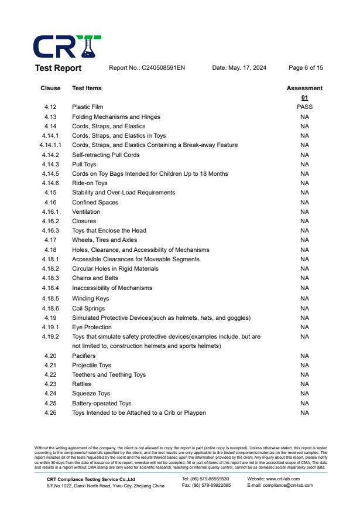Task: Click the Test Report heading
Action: [59, 68]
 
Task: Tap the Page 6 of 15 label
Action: [306, 68]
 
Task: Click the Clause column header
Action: [50, 88]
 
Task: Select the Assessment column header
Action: [304, 88]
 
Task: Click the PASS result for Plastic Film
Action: [304, 107]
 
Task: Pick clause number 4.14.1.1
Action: [50, 145]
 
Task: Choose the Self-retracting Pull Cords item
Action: [106, 155]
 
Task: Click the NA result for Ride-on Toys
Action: [304, 183]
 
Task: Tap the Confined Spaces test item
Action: [95, 203]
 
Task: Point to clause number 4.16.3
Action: [50, 231]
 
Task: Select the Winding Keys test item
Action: [91, 299]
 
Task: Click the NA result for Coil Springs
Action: [304, 308]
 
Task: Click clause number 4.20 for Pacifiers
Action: [50, 356]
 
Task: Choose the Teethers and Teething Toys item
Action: [109, 375]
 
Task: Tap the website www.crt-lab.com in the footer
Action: [274, 479]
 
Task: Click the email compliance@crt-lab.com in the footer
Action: [280, 485]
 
